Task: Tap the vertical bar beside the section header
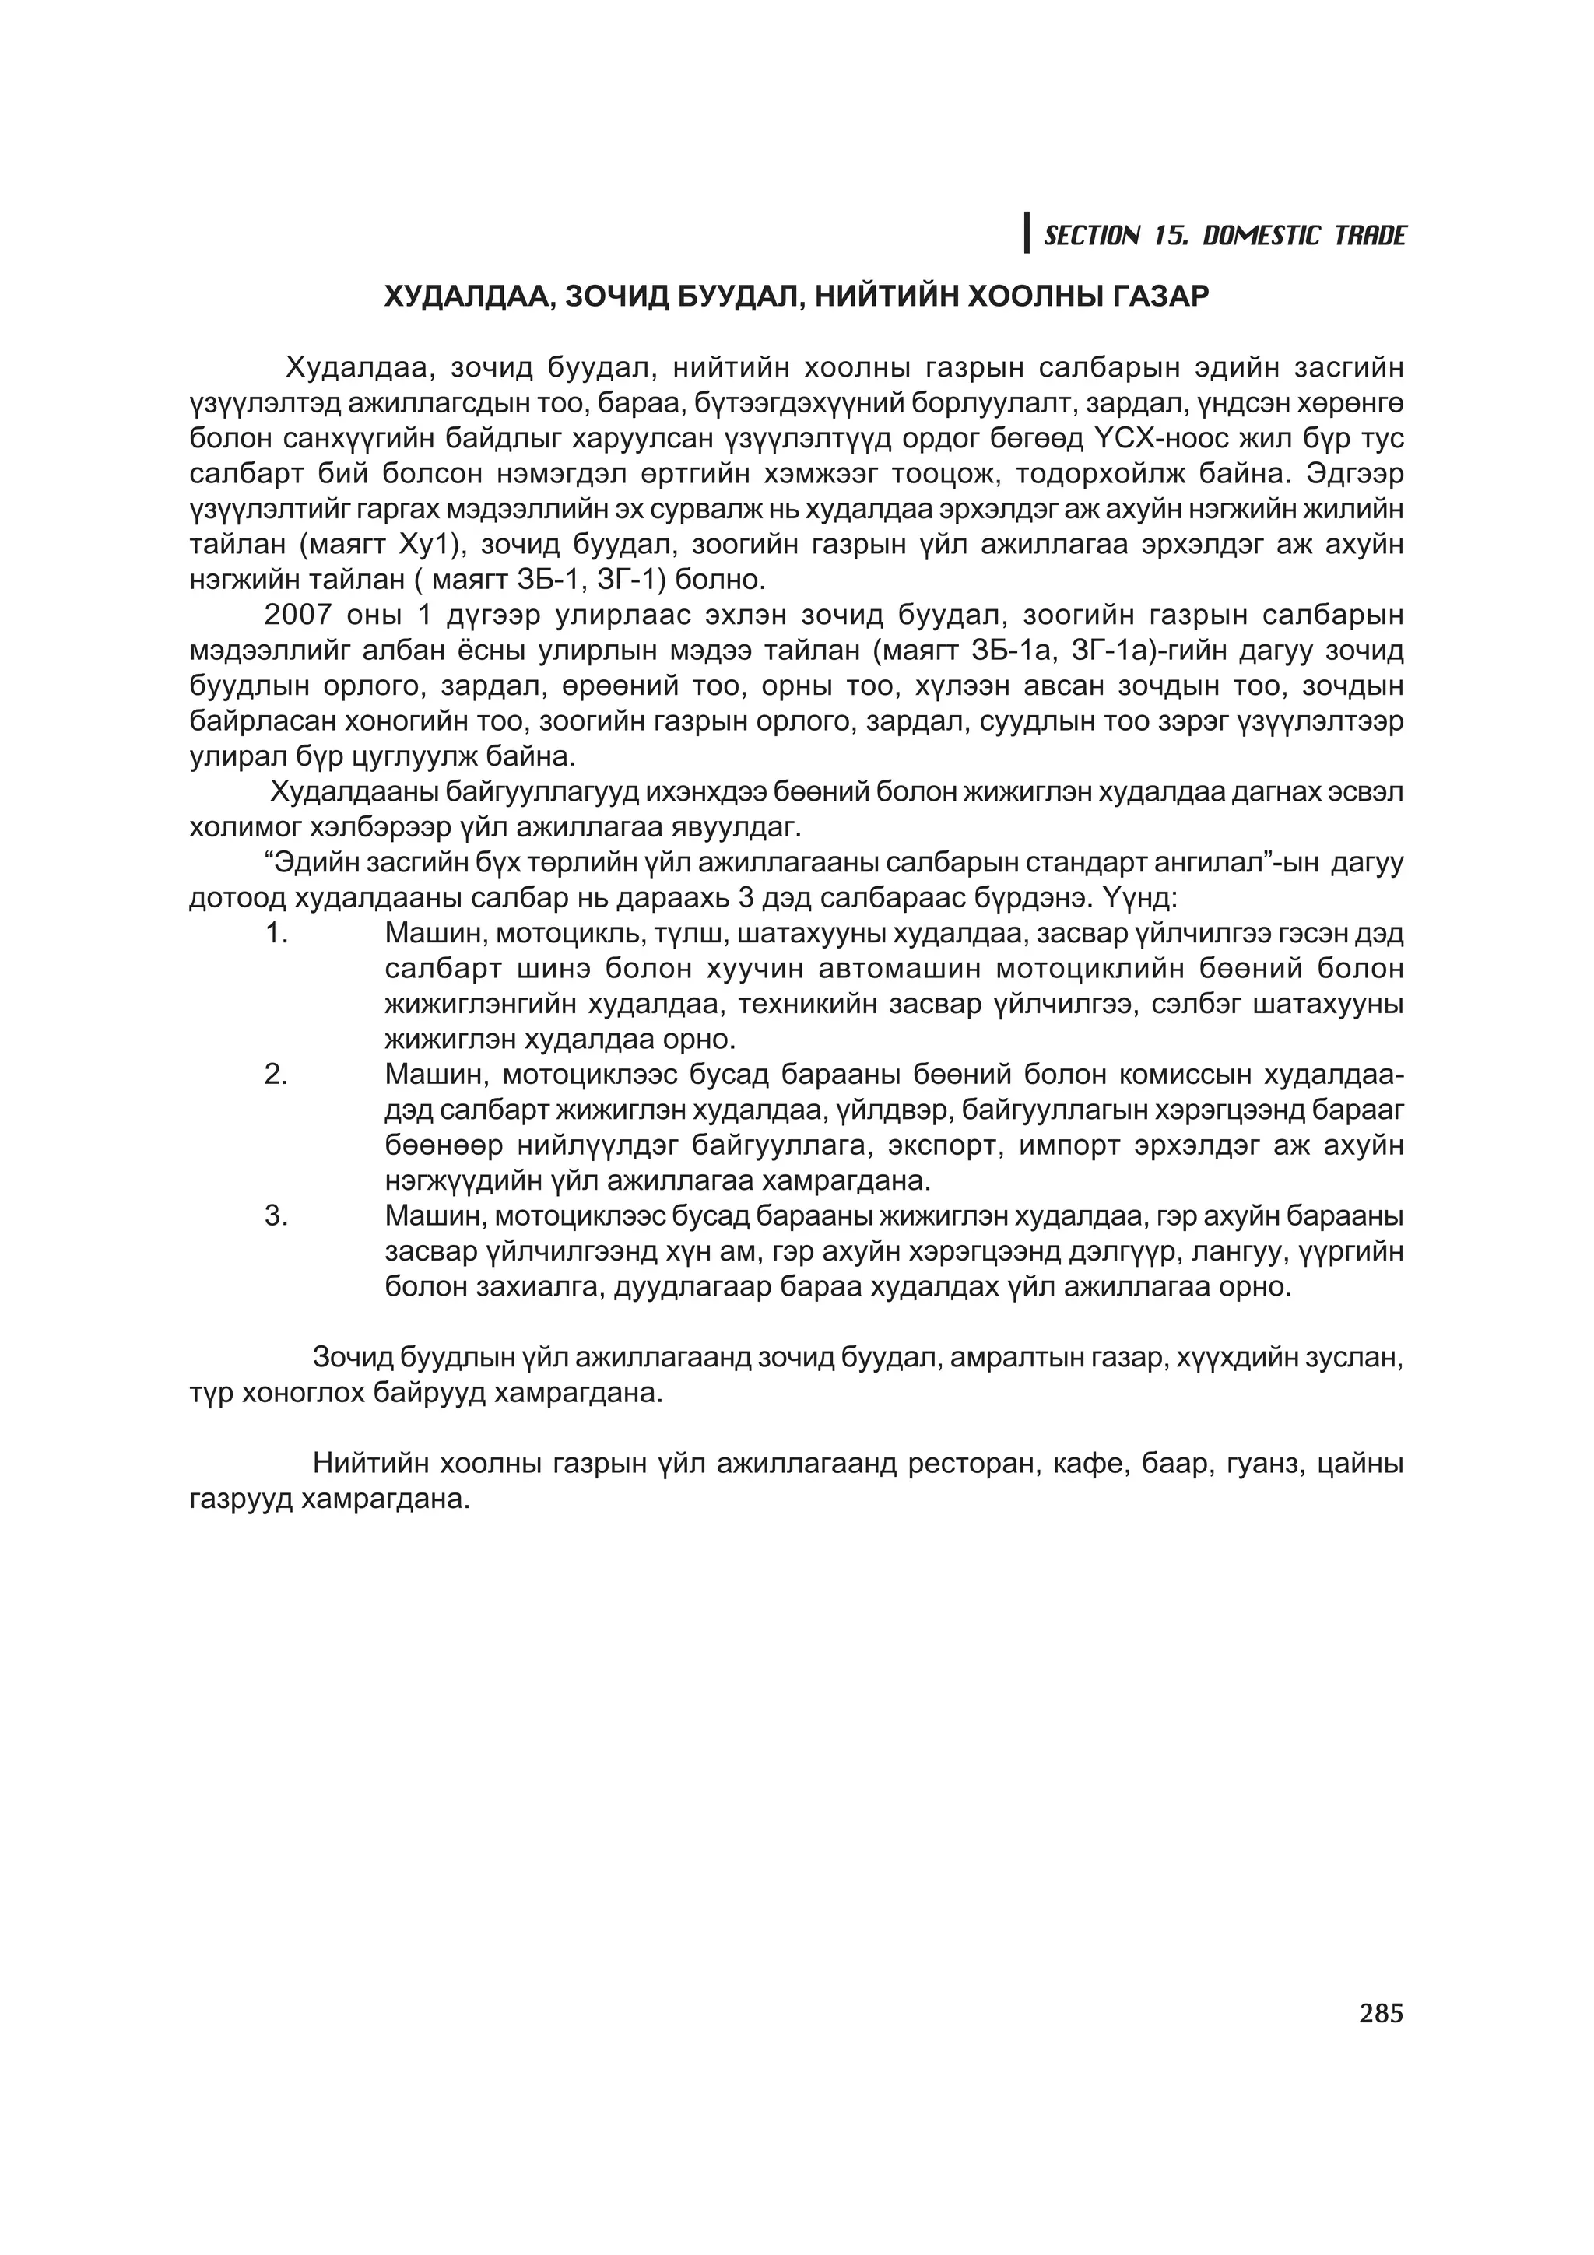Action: click(1027, 233)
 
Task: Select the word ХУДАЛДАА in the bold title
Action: click(461, 296)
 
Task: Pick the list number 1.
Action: click(276, 933)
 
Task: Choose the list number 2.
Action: click(276, 1075)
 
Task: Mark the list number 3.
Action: click(276, 1216)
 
